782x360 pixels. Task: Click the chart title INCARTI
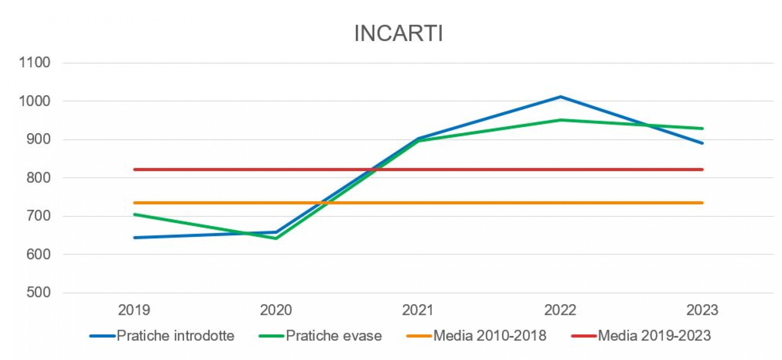(x=399, y=33)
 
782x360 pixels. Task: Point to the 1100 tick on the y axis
(x=35, y=62)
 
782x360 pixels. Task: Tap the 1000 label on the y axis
(x=35, y=101)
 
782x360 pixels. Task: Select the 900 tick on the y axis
(x=38, y=139)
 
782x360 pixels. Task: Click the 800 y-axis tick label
(x=38, y=177)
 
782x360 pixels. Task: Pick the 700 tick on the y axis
(x=38, y=216)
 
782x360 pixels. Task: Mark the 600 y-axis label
(x=38, y=254)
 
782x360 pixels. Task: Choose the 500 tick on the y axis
(x=38, y=292)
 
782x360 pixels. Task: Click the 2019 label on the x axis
(x=134, y=310)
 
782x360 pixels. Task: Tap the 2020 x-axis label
(x=276, y=310)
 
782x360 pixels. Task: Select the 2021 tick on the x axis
(x=418, y=310)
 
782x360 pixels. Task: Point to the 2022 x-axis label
(x=560, y=310)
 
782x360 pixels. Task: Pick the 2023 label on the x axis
(x=702, y=310)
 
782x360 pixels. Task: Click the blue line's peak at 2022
(x=560, y=97)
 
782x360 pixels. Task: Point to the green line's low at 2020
(x=276, y=238)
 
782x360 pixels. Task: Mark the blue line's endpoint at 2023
(x=702, y=143)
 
